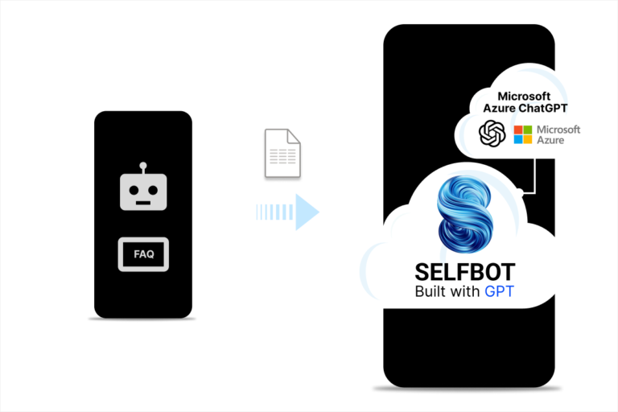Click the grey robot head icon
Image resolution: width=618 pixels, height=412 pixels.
(144, 192)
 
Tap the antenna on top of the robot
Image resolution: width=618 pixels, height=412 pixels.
(144, 167)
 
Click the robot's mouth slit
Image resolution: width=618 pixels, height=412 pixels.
(144, 202)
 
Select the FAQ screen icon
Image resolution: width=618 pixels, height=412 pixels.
(144, 254)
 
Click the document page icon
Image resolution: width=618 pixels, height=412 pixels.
(282, 154)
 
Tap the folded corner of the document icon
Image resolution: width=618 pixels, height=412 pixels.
(296, 136)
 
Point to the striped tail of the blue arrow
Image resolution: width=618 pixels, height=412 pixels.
(274, 212)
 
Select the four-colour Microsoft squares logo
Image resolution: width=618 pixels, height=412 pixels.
(523, 134)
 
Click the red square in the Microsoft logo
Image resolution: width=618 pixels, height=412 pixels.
(518, 129)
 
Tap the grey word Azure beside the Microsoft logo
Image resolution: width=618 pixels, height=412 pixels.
(552, 140)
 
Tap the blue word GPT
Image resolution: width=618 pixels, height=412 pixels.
(499, 291)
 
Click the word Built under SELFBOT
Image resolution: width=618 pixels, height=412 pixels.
(431, 291)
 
